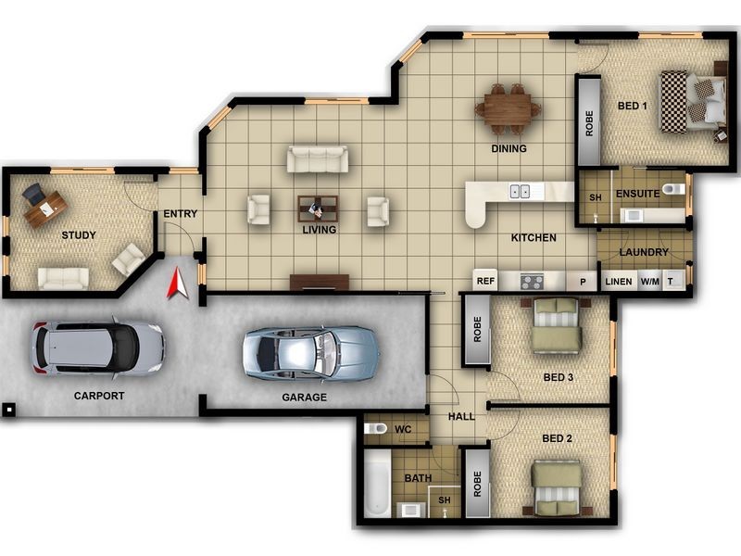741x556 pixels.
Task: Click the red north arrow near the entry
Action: point(177,284)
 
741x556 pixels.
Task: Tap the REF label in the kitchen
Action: point(485,281)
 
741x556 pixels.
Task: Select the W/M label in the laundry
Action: point(650,282)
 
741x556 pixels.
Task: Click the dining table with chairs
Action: point(508,107)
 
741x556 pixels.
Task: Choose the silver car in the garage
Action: point(310,352)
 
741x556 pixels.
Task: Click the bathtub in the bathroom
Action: point(377,484)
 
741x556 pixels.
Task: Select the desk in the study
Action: point(44,208)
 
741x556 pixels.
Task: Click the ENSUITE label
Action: point(637,194)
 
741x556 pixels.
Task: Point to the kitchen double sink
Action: point(520,192)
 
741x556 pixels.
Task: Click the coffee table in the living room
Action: point(318,208)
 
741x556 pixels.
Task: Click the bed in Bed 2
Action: point(557,487)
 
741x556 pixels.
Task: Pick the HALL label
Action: point(461,417)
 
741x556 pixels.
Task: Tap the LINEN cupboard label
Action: point(618,282)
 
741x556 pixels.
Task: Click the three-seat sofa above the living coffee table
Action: point(317,159)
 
